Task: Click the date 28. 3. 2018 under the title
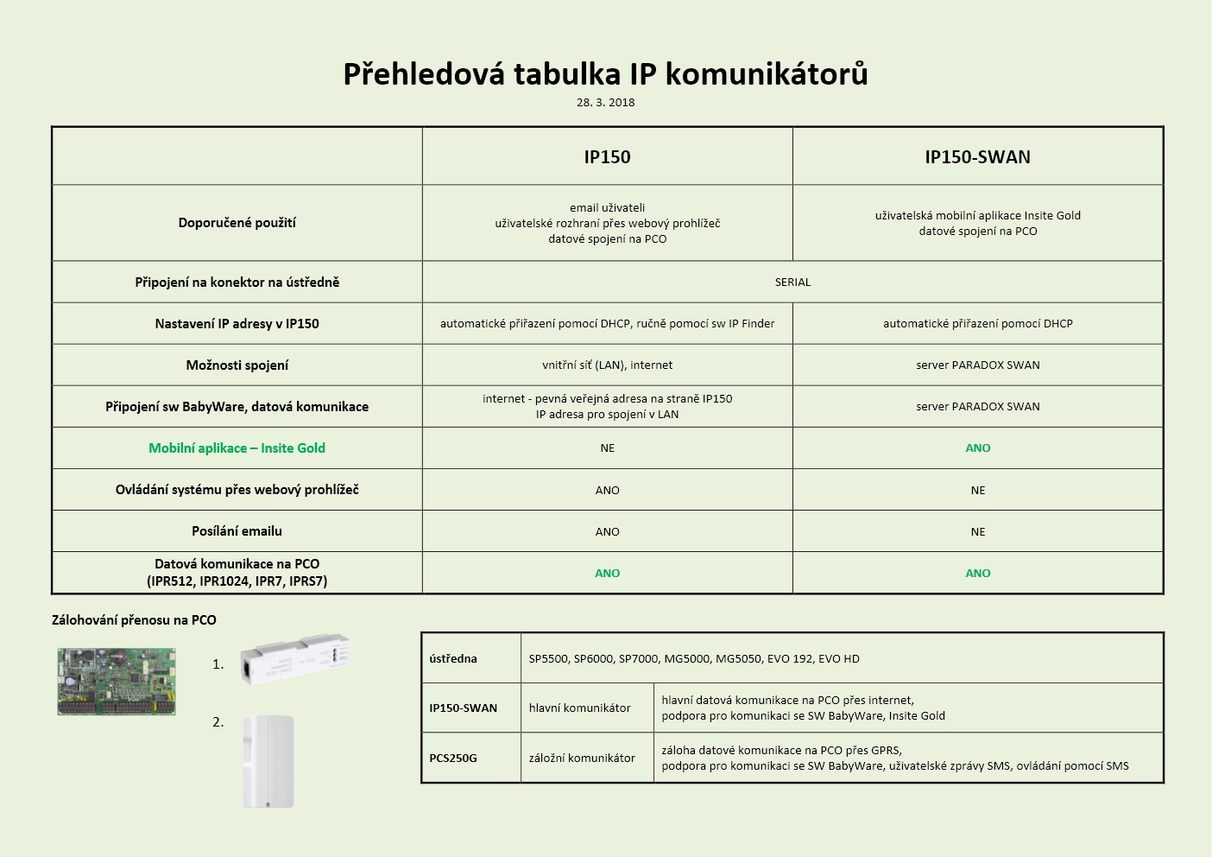pyautogui.click(x=605, y=102)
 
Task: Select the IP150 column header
pyautogui.click(x=607, y=157)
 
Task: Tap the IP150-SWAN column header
pyautogui.click(x=977, y=157)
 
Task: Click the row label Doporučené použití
pyautogui.click(x=237, y=223)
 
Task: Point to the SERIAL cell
pyautogui.click(x=792, y=282)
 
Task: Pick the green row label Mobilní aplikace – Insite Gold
pyautogui.click(x=237, y=448)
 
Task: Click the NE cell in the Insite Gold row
pyautogui.click(x=607, y=448)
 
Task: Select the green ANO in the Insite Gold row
pyautogui.click(x=977, y=448)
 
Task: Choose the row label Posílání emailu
pyautogui.click(x=237, y=531)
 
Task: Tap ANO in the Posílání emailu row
pyautogui.click(x=607, y=532)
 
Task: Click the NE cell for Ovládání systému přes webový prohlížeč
pyautogui.click(x=977, y=491)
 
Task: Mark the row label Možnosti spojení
pyautogui.click(x=237, y=365)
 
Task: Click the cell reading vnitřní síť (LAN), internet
pyautogui.click(x=607, y=365)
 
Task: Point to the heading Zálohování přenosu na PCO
pyautogui.click(x=134, y=620)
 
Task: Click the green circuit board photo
pyautogui.click(x=117, y=682)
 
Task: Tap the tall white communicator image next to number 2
pyautogui.click(x=268, y=761)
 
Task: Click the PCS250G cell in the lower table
pyautogui.click(x=453, y=759)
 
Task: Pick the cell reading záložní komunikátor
pyautogui.click(x=582, y=759)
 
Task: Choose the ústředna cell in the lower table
pyautogui.click(x=453, y=659)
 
